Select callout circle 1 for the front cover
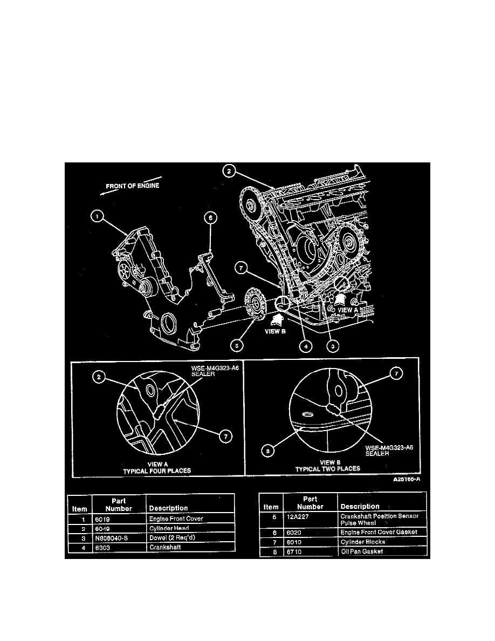click(x=98, y=216)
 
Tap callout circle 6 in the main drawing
click(x=211, y=217)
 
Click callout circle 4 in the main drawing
click(x=306, y=346)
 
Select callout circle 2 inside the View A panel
click(x=98, y=378)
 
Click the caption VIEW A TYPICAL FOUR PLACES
click(x=157, y=467)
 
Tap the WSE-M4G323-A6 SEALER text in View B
click(x=386, y=450)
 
